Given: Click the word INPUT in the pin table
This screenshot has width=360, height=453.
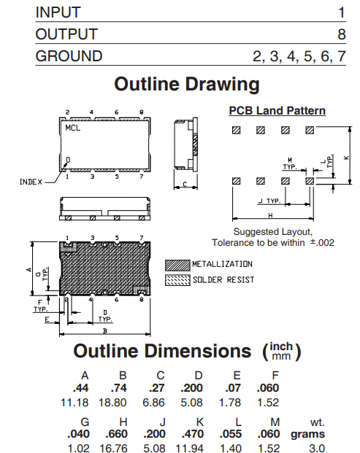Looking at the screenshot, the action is (x=58, y=12).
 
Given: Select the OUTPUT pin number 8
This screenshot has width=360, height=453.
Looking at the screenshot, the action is (x=342, y=34).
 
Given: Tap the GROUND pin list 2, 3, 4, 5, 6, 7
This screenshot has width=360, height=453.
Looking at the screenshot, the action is (x=299, y=56).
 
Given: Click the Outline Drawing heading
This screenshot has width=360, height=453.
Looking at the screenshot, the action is (x=187, y=85).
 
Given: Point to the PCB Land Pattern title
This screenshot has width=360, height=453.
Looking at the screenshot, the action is (x=277, y=111).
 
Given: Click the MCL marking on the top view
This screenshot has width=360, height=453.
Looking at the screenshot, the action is (x=72, y=128).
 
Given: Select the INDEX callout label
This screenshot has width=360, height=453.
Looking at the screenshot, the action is (x=31, y=182).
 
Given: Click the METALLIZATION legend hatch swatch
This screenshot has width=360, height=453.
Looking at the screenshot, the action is (x=177, y=266).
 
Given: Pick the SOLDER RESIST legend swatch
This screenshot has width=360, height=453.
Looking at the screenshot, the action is (x=177, y=280).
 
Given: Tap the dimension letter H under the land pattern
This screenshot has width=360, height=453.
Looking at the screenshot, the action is (x=270, y=215).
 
